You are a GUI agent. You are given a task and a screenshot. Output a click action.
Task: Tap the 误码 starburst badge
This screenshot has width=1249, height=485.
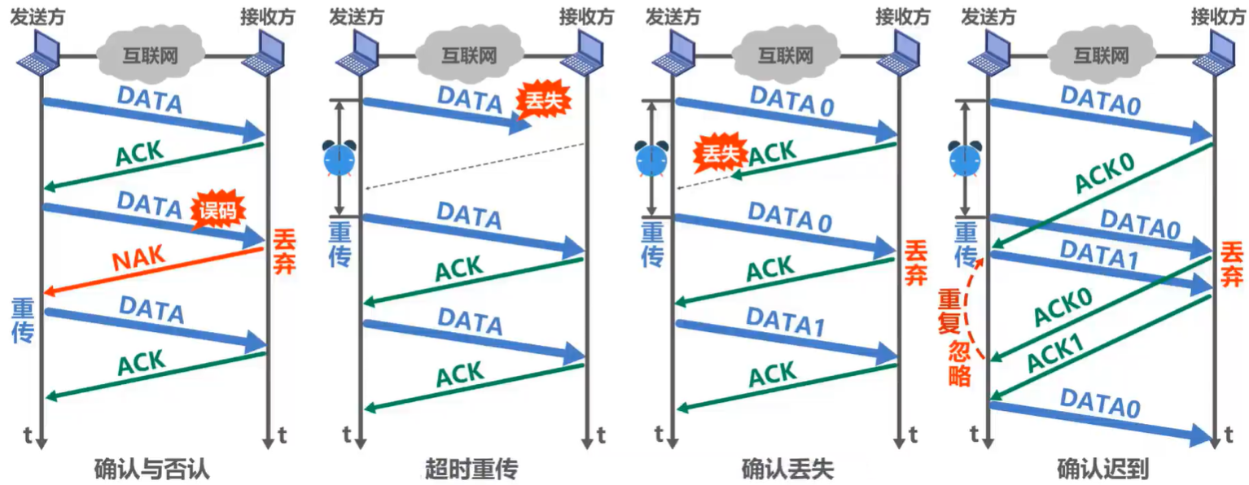tap(217, 210)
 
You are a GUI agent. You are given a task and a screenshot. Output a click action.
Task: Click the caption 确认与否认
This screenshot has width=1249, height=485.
tap(151, 468)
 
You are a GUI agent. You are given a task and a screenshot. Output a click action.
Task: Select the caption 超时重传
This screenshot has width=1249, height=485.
tap(471, 468)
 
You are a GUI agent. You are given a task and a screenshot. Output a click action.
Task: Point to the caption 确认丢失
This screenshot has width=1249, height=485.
tap(787, 468)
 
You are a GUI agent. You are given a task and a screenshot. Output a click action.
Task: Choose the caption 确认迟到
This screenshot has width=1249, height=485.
tap(1103, 468)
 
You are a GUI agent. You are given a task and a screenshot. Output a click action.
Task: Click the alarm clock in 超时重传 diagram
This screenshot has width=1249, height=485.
tap(339, 159)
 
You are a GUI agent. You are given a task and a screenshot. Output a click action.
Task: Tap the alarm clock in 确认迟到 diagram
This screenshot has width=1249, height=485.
tap(965, 159)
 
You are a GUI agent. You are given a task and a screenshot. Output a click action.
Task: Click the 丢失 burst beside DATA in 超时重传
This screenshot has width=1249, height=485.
tap(543, 100)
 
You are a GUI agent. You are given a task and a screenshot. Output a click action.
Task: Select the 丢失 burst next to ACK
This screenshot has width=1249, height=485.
tap(720, 153)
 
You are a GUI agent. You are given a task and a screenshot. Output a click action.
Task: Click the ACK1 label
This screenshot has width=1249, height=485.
tap(1055, 352)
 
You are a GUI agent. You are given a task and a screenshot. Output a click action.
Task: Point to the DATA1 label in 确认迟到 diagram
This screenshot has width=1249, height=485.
tap(1098, 254)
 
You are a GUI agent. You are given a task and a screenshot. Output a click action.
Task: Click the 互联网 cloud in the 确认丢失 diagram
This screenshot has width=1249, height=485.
tap(785, 55)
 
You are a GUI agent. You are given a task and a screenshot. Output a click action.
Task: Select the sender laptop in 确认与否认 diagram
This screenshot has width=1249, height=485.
tap(38, 52)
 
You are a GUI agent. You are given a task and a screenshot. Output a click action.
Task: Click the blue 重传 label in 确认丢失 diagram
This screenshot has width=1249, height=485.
tap(652, 244)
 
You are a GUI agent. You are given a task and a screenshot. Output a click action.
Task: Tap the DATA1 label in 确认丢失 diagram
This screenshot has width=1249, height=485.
tap(785, 321)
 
